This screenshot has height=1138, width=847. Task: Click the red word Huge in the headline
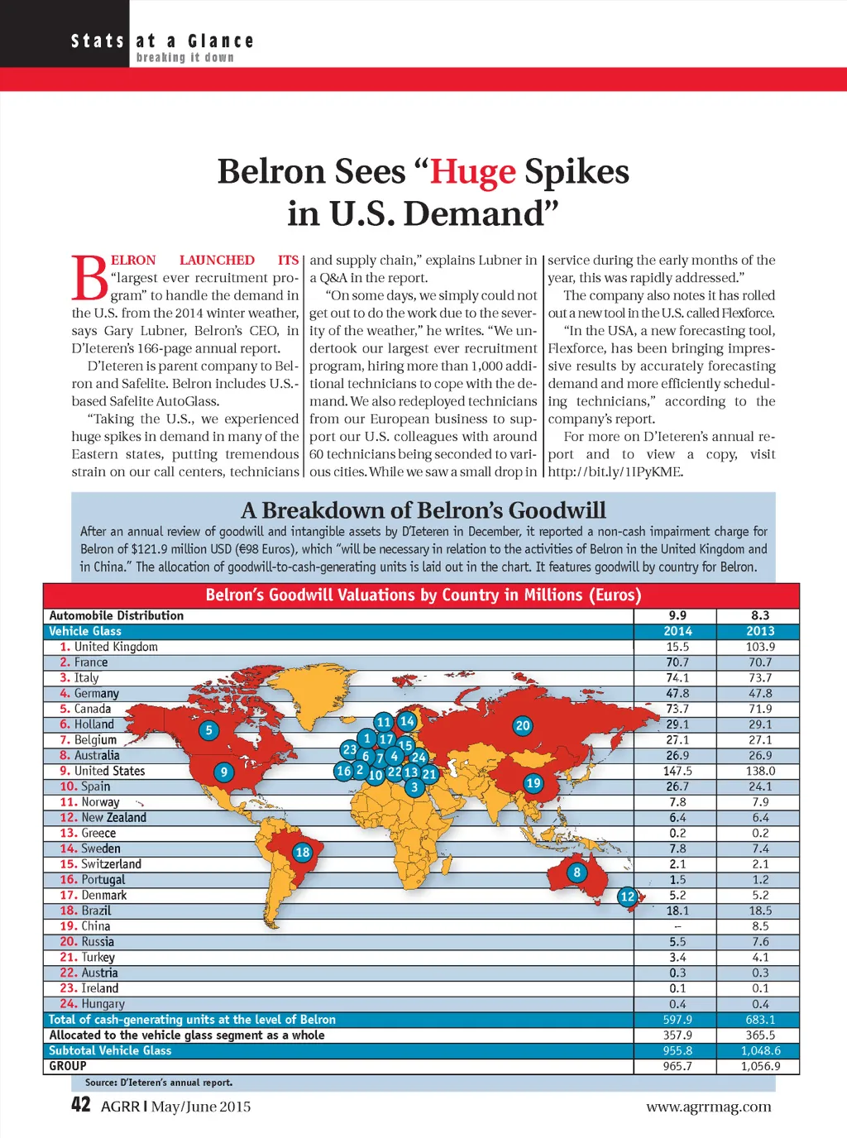click(x=472, y=172)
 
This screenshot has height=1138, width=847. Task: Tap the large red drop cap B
click(x=89, y=278)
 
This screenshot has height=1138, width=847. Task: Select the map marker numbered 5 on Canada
click(x=209, y=730)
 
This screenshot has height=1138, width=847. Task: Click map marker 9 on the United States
click(x=224, y=772)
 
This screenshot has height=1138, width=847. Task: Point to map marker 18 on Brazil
click(x=303, y=852)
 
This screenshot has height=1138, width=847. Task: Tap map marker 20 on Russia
click(x=523, y=726)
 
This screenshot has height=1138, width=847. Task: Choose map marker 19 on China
click(x=534, y=783)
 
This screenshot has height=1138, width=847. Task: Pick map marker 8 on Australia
click(x=577, y=872)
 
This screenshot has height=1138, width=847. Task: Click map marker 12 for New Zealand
click(x=628, y=897)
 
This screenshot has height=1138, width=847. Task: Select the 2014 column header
click(x=677, y=631)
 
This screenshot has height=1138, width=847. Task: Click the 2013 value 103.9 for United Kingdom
click(x=760, y=647)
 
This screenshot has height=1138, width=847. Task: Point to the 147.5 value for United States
click(x=677, y=771)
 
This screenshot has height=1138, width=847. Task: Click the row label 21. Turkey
click(x=88, y=957)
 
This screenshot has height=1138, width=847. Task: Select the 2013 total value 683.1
click(x=760, y=1020)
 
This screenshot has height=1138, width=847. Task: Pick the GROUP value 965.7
click(x=677, y=1066)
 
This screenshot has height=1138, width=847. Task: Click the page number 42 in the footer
click(x=81, y=1105)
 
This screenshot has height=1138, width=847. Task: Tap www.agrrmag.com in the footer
click(x=708, y=1107)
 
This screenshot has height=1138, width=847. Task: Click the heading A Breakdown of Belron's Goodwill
click(x=423, y=510)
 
